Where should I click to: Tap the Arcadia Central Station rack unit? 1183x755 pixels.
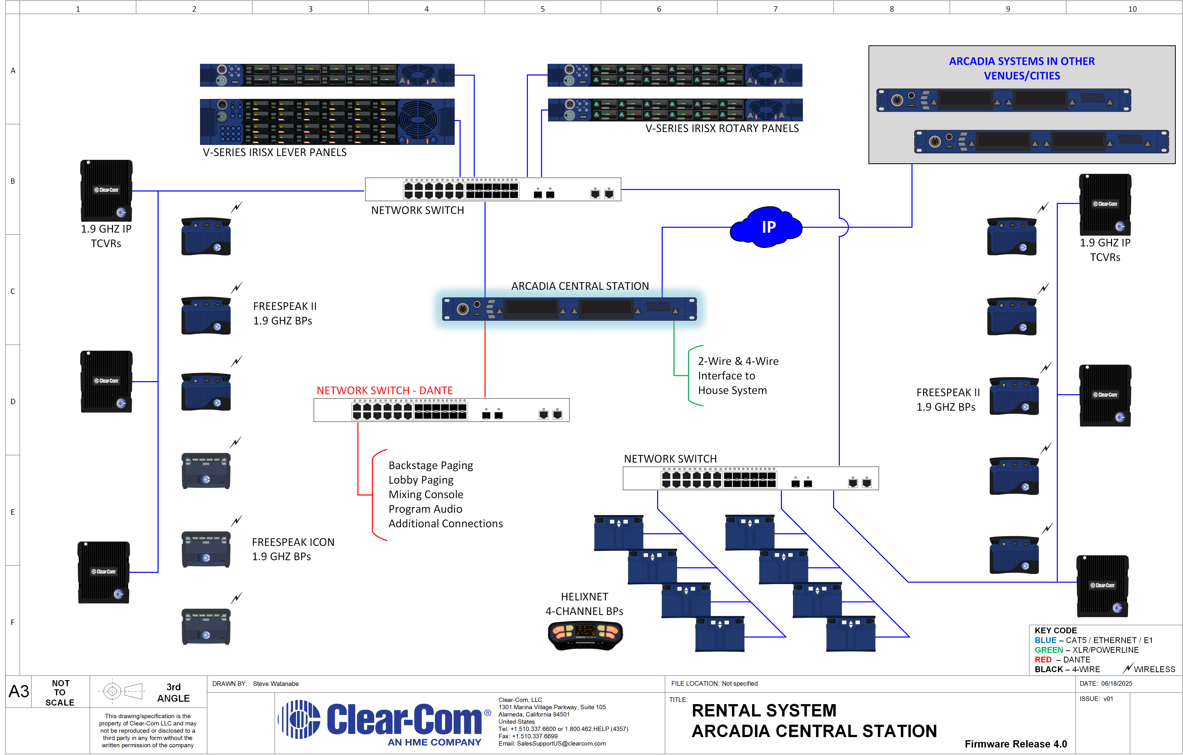click(x=569, y=309)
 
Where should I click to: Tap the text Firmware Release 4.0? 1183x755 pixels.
click(x=1016, y=744)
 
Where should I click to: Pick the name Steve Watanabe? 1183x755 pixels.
click(x=276, y=684)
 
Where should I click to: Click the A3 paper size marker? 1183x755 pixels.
click(x=19, y=691)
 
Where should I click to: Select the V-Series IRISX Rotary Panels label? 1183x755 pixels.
click(x=722, y=129)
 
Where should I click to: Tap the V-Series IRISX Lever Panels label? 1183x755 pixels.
click(x=275, y=153)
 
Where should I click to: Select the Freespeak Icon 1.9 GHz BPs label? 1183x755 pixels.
click(x=293, y=549)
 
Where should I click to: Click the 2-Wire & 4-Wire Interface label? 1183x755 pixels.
click(x=738, y=376)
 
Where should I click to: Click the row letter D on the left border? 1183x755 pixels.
click(x=13, y=401)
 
